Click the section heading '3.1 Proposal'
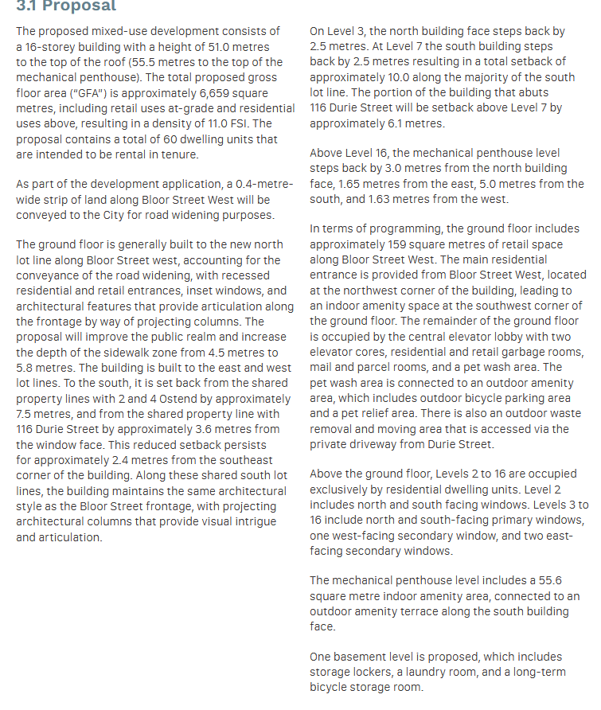[x=66, y=6]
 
